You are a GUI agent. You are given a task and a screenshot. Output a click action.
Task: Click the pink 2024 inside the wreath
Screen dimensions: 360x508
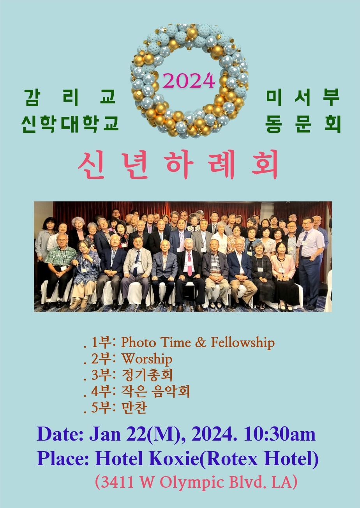pyautogui.click(x=189, y=81)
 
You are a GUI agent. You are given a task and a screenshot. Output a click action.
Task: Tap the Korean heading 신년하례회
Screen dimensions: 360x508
pyautogui.click(x=178, y=164)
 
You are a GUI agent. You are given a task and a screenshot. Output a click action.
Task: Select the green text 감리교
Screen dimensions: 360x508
pyautogui.click(x=70, y=97)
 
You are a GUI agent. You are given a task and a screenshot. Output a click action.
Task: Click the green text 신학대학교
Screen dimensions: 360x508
pyautogui.click(x=70, y=124)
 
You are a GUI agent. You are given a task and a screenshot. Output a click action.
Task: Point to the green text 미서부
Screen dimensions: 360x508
pyautogui.click(x=303, y=97)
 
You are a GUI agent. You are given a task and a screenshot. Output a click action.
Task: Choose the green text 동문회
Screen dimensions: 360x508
pyautogui.click(x=303, y=124)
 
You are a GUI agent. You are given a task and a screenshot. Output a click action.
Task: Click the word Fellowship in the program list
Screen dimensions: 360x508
pyautogui.click(x=243, y=342)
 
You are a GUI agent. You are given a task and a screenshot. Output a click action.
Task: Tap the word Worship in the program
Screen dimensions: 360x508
pyautogui.click(x=147, y=359)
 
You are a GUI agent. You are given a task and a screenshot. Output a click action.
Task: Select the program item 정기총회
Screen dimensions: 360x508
pyautogui.click(x=147, y=375)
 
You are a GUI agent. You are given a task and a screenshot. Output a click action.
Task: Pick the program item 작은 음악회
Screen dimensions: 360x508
pyautogui.click(x=155, y=392)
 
